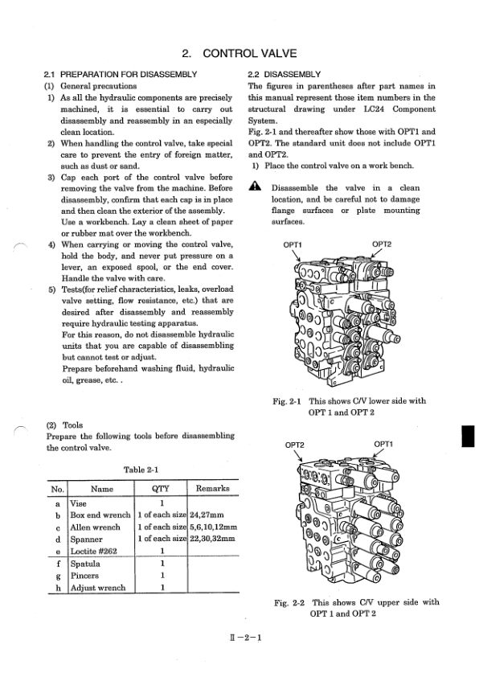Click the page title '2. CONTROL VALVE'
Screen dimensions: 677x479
click(239, 54)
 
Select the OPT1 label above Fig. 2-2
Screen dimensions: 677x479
click(383, 443)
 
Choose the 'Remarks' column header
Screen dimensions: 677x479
click(212, 488)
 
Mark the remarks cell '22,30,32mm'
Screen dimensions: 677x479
click(212, 539)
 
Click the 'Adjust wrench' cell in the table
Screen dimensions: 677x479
click(98, 587)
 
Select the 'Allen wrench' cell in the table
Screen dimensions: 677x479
click(95, 527)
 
